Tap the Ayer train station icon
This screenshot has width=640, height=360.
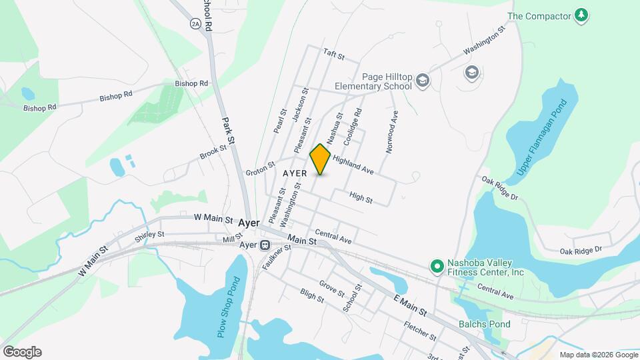265,245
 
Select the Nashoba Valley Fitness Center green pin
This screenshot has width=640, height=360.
437,267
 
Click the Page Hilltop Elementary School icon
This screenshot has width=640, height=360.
422,81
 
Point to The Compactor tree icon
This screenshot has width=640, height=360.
581,15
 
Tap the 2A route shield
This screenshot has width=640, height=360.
195,24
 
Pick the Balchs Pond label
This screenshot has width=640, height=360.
484,325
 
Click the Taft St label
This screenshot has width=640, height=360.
333,53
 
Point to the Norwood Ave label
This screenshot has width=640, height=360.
393,125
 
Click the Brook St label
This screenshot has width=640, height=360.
213,153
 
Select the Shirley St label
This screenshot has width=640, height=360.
149,235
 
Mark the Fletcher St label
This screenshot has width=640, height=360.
420,330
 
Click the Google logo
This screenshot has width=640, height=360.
22,352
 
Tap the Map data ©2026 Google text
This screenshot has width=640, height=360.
597,355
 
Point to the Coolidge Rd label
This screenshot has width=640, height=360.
353,127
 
